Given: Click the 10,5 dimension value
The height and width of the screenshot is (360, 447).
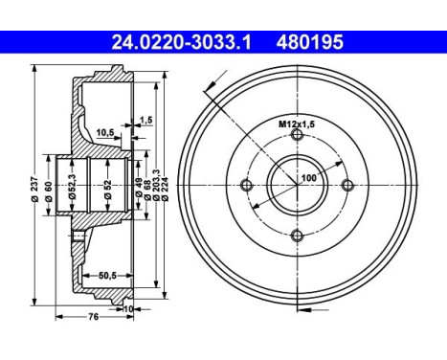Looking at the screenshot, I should (x=105, y=132).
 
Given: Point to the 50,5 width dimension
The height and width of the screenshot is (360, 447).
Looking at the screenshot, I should (x=108, y=276).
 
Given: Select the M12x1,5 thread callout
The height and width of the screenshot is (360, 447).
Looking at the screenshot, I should (x=296, y=124).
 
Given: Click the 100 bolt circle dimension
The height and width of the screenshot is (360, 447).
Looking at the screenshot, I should (x=308, y=178).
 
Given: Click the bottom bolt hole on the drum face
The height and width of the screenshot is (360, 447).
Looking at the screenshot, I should (x=297, y=236).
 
